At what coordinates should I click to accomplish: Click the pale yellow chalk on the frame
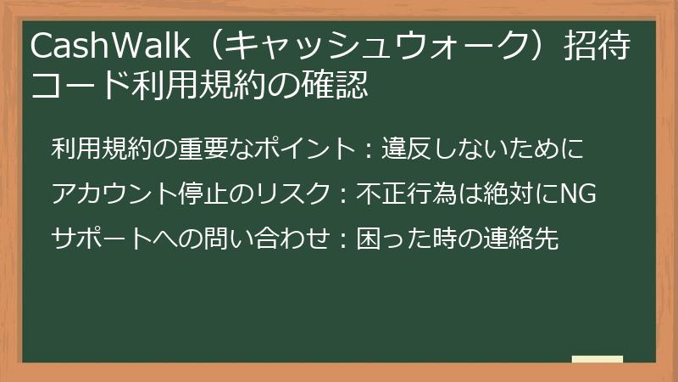(x=597, y=359)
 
